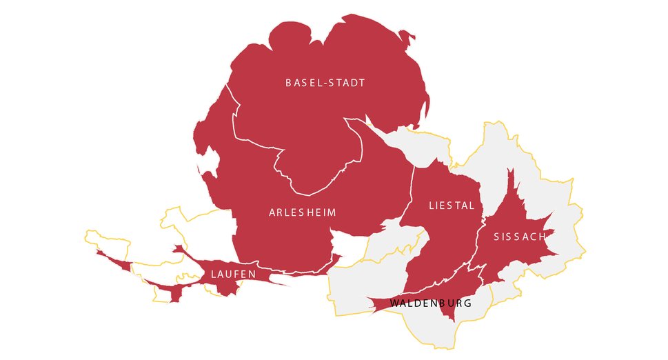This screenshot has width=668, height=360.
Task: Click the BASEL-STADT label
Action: [325, 83]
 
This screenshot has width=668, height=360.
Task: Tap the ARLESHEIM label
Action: [303, 212]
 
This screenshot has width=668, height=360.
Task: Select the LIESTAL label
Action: [452, 206]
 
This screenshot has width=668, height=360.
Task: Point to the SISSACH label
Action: [520, 237]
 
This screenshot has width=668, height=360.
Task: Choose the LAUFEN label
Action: [234, 274]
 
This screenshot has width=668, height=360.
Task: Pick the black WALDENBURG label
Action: [430, 303]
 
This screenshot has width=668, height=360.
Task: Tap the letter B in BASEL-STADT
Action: [289, 83]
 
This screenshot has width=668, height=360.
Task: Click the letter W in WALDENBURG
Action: [394, 303]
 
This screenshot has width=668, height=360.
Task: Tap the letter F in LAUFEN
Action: [237, 274]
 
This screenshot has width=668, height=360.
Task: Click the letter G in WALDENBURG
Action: [468, 303]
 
